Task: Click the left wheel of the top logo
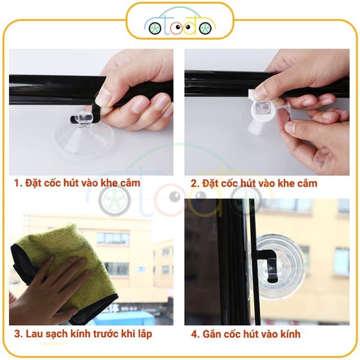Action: pos(155,28)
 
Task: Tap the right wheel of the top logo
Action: pos(205,28)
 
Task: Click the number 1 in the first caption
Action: pos(17,182)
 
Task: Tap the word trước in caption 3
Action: pos(111,334)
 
